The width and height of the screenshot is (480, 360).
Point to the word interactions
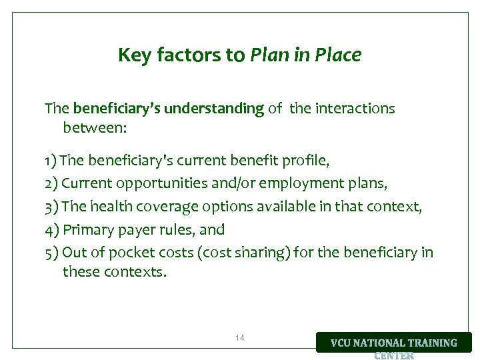(355, 108)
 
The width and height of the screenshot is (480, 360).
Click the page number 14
(240, 338)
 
